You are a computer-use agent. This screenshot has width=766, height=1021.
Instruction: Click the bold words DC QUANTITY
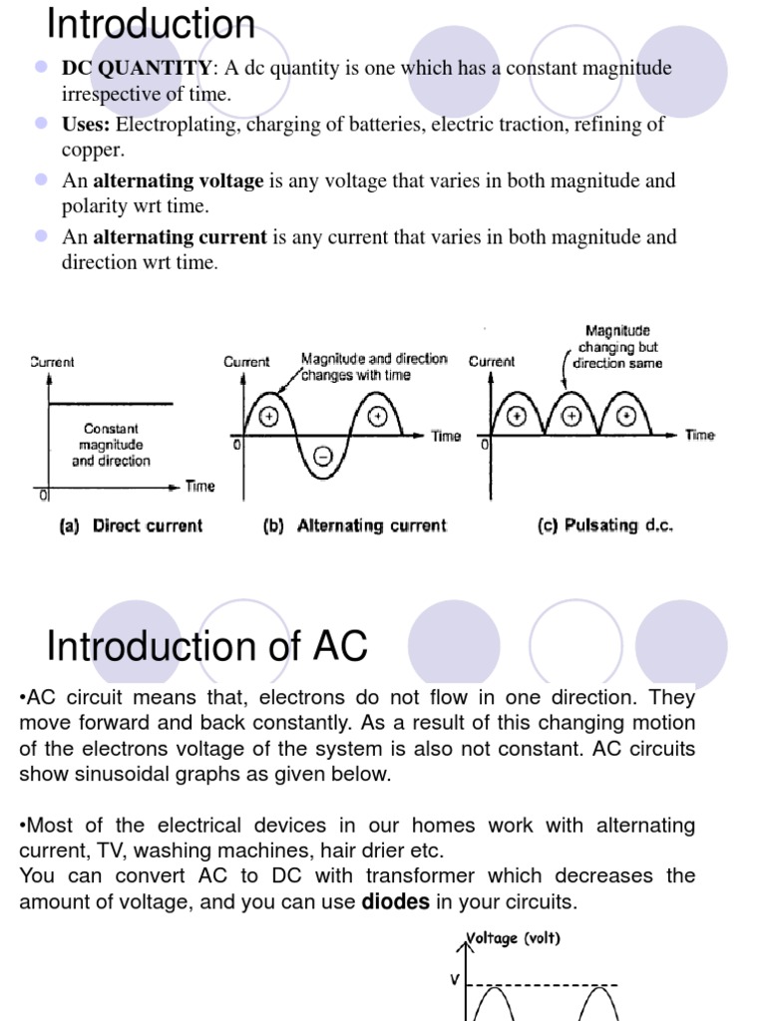(x=137, y=69)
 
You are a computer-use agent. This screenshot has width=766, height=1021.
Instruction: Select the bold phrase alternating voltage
(x=179, y=181)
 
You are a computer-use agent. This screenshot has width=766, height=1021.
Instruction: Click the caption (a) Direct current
(x=132, y=525)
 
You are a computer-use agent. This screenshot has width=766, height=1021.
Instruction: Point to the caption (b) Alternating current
(x=355, y=525)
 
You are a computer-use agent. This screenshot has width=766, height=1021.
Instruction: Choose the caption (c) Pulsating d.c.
(x=605, y=525)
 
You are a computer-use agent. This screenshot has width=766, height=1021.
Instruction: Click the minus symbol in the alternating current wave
(x=323, y=457)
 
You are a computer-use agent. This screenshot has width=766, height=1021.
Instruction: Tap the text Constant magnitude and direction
(x=111, y=445)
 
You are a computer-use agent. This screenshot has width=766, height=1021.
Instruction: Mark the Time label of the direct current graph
(x=199, y=487)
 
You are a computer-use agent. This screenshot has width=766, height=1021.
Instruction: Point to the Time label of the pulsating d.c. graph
(x=700, y=435)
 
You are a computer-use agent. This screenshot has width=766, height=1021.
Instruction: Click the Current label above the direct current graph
(x=52, y=362)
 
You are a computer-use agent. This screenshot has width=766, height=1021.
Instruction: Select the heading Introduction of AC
(x=207, y=647)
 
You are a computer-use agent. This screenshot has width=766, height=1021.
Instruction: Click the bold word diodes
(x=395, y=901)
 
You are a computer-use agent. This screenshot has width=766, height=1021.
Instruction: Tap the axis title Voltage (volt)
(x=515, y=939)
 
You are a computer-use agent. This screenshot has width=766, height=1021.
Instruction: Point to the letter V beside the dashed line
(x=456, y=980)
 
